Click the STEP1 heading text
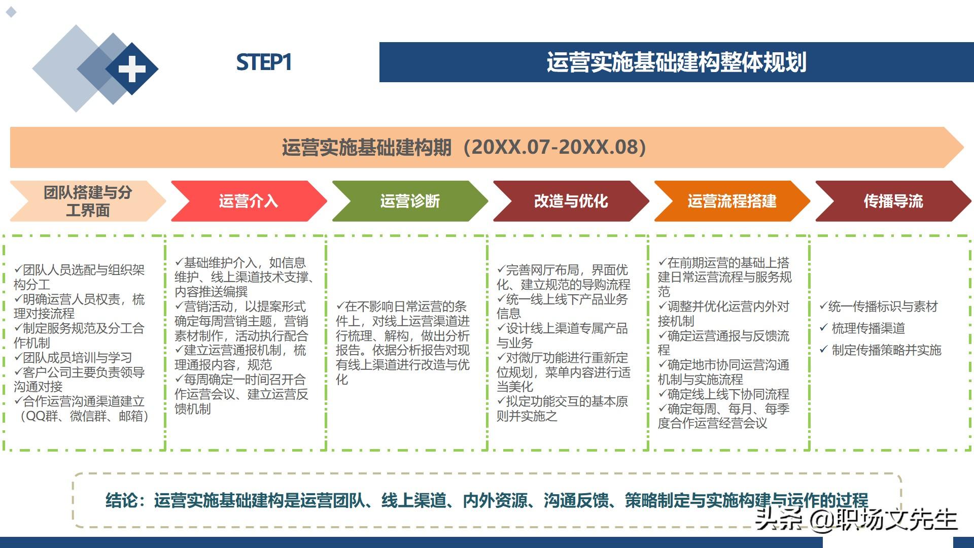pyautogui.click(x=264, y=62)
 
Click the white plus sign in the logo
pyautogui.click(x=132, y=68)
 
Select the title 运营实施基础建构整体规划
pyautogui.click(x=676, y=62)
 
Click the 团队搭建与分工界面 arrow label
pyautogui.click(x=88, y=201)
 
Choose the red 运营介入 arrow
pyautogui.click(x=249, y=201)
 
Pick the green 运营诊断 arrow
pyautogui.click(x=410, y=201)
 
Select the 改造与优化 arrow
pyautogui.click(x=571, y=201)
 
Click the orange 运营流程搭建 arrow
pyautogui.click(x=732, y=201)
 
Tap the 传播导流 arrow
pyautogui.click(x=893, y=201)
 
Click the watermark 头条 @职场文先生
pyautogui.click(x=856, y=519)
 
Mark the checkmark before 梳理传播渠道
pyautogui.click(x=824, y=328)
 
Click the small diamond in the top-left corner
pyautogui.click(x=11, y=12)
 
